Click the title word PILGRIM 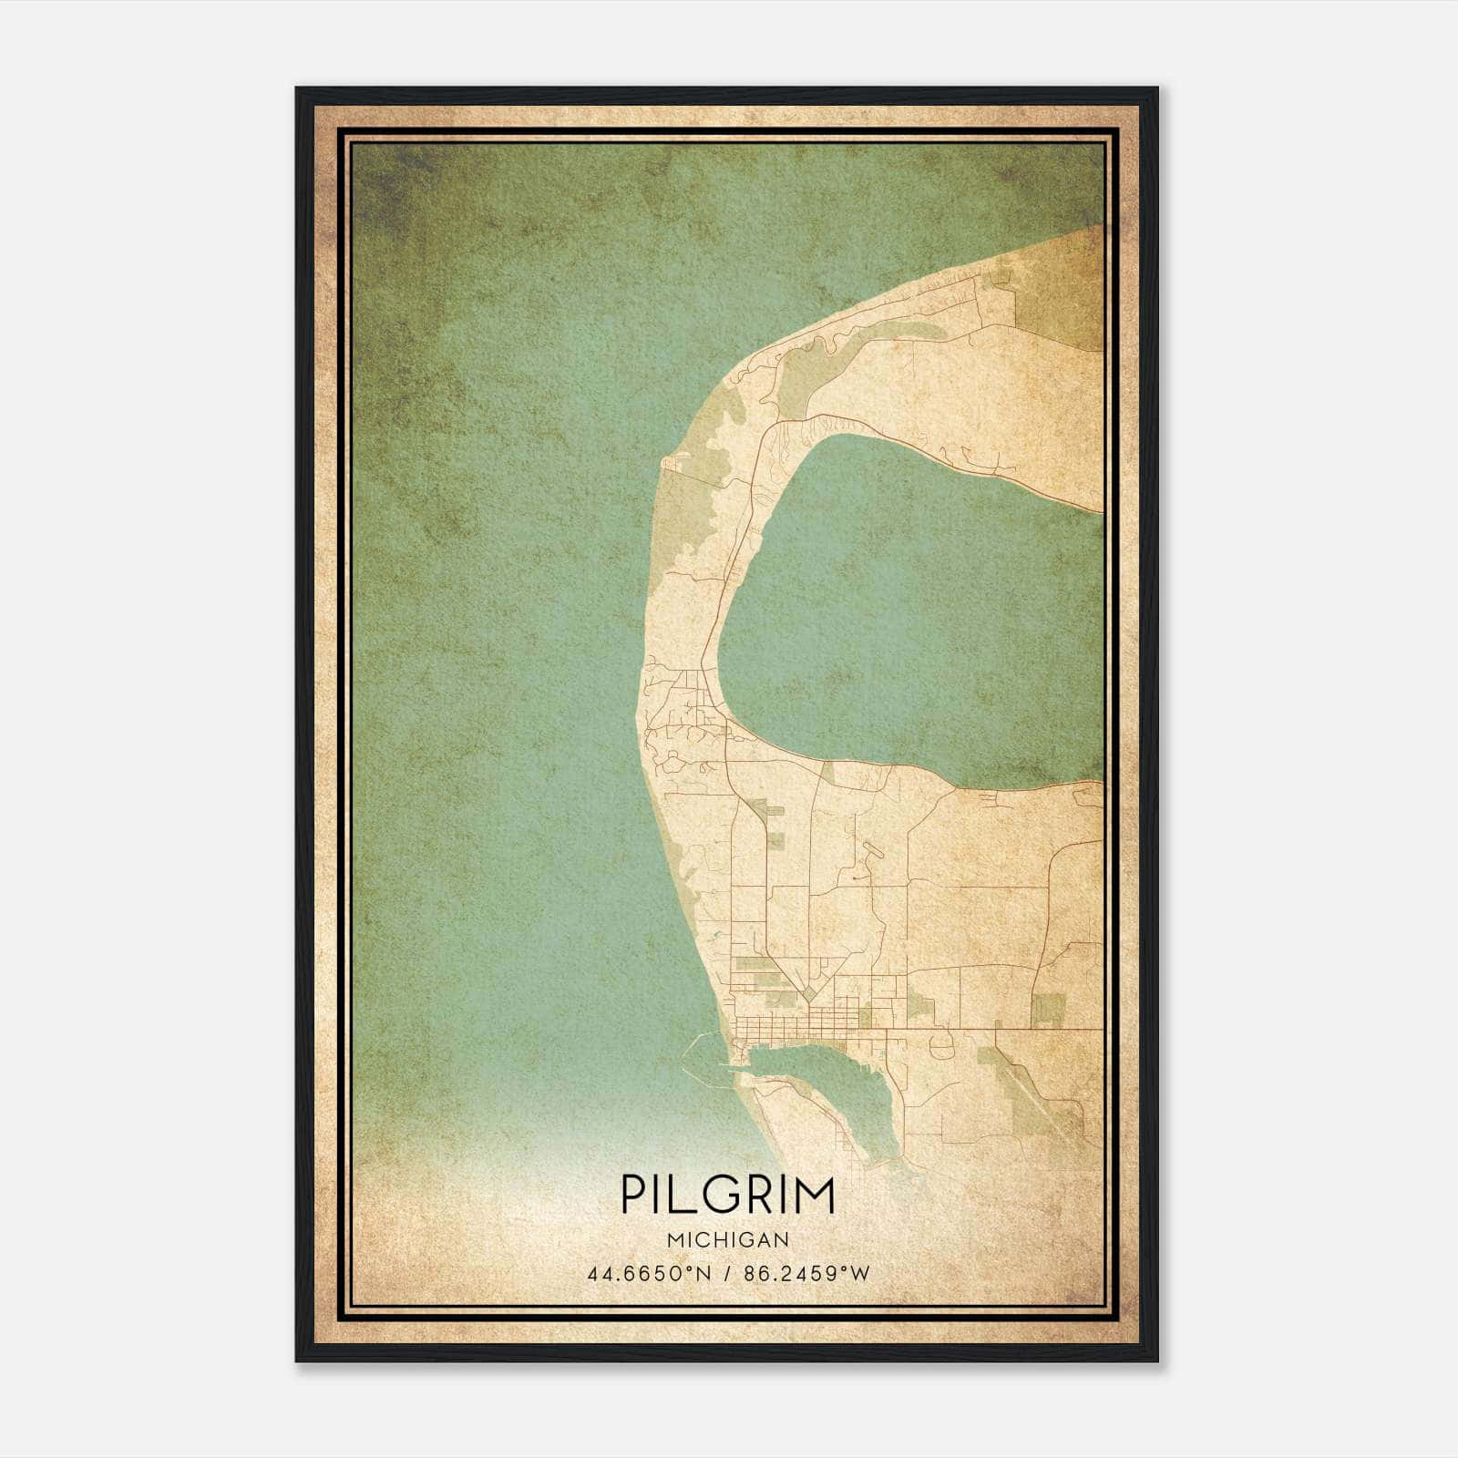point(728,1195)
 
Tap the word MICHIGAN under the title point(728,1239)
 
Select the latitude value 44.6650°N point(647,1273)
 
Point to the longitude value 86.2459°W point(806,1273)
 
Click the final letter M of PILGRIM point(814,1195)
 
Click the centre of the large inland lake point(911,620)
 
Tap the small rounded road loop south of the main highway point(939,1048)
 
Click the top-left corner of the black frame point(297,88)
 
